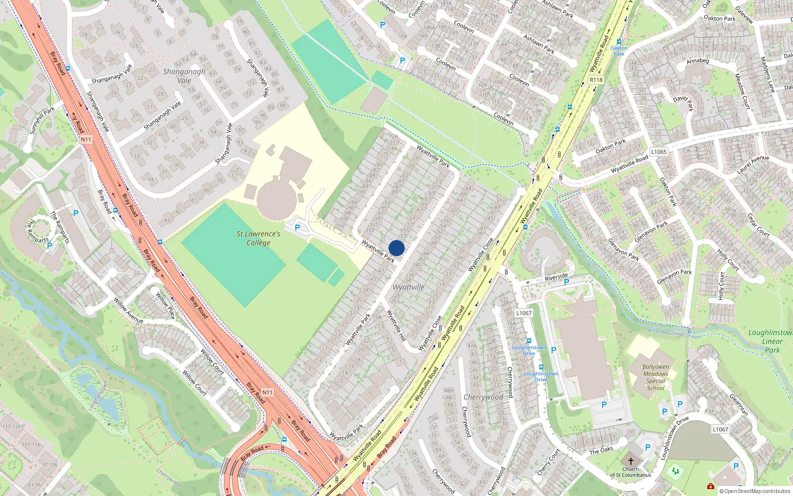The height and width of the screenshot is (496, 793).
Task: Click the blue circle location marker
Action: click(396, 248)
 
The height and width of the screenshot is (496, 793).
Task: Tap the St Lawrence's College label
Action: click(258, 238)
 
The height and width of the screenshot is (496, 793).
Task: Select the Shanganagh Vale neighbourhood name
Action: click(184, 76)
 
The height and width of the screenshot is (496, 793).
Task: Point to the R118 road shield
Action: click(596, 80)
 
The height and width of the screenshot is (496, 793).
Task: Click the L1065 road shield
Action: click(659, 152)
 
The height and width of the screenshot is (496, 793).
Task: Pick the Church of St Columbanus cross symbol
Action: click(630, 461)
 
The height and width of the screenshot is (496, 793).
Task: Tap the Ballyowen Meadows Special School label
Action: click(655, 377)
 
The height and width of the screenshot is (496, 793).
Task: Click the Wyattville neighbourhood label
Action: click(408, 287)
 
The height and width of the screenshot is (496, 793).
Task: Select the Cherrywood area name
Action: click(483, 397)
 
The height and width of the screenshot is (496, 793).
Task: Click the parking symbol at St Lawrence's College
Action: click(297, 228)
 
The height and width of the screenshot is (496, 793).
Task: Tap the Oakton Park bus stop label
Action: click(619, 51)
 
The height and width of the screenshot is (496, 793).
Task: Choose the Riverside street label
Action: click(556, 277)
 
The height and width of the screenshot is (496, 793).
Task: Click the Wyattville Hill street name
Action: click(396, 325)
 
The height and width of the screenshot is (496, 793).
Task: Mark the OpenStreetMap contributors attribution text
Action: click(755, 492)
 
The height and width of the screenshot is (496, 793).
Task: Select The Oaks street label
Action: click(601, 450)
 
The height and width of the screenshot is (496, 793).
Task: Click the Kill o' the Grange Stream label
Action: click(675, 334)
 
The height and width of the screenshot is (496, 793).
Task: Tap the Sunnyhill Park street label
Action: click(42, 120)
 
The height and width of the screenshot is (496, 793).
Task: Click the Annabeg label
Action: click(698, 61)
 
